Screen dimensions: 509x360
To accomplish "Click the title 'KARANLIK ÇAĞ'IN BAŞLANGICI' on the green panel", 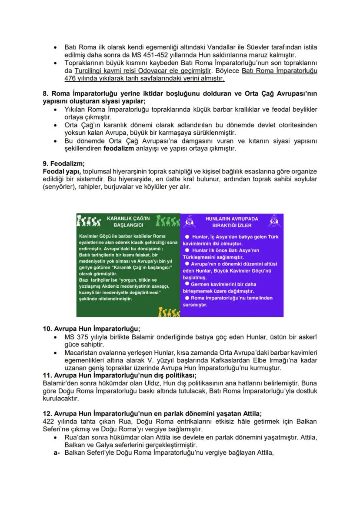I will pyautogui.click(x=128, y=222).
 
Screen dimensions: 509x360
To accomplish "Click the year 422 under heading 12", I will pyautogui.click(x=50, y=422).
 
